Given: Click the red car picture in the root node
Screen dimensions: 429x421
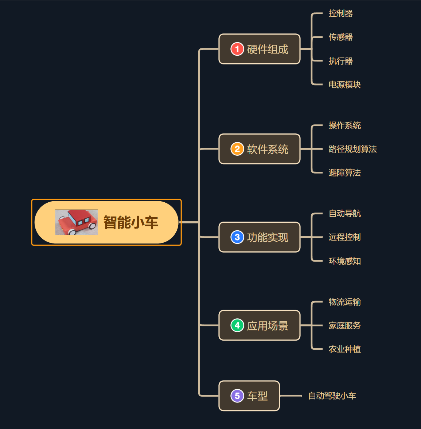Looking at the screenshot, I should pos(76,222).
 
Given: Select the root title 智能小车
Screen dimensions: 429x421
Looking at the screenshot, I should pos(130,222).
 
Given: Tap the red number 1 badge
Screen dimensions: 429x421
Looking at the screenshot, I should pos(237,49).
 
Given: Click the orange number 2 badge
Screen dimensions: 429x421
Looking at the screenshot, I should pos(237,149).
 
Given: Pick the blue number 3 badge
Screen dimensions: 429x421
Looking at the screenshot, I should pos(237,237).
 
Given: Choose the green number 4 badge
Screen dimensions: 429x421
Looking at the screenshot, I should pos(237,325).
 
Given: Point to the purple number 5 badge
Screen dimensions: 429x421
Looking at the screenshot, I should pos(237,396).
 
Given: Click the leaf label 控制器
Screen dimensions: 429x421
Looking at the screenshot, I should pos(340,13).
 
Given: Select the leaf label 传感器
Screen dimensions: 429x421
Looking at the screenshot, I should pos(340,37).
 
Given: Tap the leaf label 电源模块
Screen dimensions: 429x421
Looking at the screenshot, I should pos(344,84).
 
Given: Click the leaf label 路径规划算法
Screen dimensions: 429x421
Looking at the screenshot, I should pos(352,149).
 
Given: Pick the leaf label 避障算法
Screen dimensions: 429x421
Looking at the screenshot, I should pos(344,172).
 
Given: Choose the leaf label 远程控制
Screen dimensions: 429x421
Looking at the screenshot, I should pos(344,237).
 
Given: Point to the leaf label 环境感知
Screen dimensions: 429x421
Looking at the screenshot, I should pos(344,261).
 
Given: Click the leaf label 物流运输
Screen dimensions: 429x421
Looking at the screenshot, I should pos(344,302).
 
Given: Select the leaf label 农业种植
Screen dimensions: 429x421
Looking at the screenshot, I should pos(344,349).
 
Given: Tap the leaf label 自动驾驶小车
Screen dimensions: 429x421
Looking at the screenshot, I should pos(332,396).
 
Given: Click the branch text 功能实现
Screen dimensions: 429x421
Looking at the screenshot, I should pos(268,237).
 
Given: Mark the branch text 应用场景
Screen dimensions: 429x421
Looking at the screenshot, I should pos(268,326).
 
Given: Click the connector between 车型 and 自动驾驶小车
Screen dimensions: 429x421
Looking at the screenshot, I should pos(291,396).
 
